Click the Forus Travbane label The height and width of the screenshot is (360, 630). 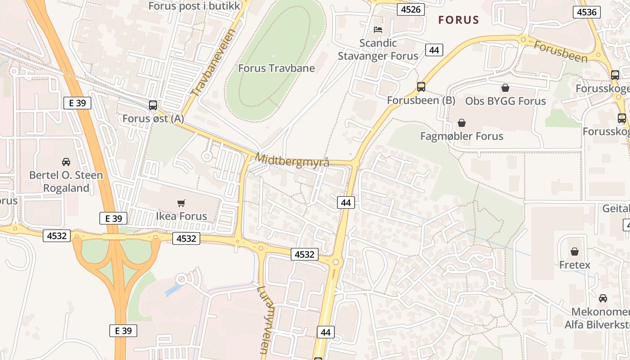(x=276, y=68)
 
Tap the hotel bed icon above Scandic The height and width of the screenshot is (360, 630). (x=378, y=30)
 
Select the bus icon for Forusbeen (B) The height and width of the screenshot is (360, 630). (x=421, y=87)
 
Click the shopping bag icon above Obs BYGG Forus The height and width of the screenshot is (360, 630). (x=505, y=88)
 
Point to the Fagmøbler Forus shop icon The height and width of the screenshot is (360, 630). (x=462, y=123)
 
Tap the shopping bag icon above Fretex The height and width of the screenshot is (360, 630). (x=575, y=252)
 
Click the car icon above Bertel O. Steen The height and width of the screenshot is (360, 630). (x=66, y=162)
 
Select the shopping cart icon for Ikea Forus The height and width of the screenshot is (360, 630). (x=181, y=203)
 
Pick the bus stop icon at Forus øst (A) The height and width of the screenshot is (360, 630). (x=153, y=105)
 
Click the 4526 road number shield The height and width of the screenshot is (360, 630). (x=411, y=9)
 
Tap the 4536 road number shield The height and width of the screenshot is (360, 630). (x=587, y=12)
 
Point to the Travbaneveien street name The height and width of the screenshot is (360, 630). (x=213, y=63)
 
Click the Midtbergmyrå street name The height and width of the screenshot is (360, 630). (x=292, y=160)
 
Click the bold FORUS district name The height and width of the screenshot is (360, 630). (x=459, y=20)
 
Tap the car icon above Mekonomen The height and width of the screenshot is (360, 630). (x=603, y=298)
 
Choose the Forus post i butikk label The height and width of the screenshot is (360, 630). (x=193, y=6)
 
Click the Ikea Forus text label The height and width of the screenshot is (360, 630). (x=181, y=216)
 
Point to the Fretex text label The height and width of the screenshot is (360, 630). (x=575, y=265)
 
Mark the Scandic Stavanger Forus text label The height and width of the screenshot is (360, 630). (x=378, y=49)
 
